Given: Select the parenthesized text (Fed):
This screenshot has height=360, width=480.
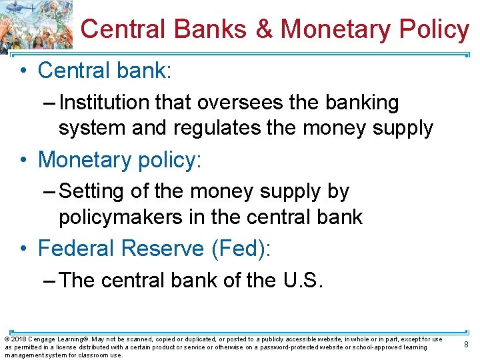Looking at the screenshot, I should click(241, 249).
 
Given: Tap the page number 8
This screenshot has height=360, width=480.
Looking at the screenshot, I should click(467, 345).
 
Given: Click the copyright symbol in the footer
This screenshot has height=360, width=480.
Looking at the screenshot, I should click(7, 339).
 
